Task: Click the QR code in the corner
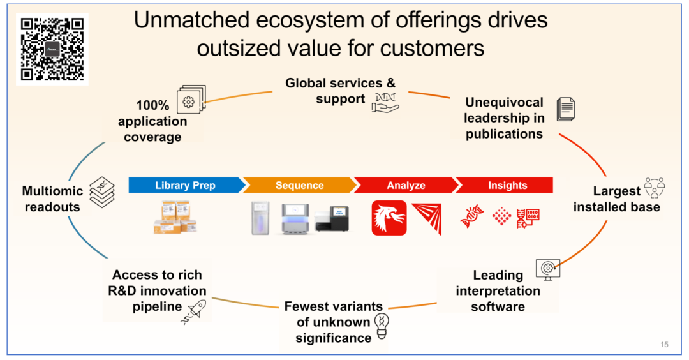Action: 52,49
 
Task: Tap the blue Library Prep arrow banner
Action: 185,186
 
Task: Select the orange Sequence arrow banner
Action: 299,186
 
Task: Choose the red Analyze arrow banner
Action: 405,186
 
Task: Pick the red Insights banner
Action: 507,186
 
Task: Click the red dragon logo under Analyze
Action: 389,218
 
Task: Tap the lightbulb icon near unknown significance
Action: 382,326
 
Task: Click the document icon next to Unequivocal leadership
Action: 565,110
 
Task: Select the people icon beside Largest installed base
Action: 654,188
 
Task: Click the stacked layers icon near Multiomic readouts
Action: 102,191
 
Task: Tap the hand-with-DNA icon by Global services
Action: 385,101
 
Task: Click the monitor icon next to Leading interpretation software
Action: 548,268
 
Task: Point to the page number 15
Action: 664,345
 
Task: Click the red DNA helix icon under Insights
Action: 471,217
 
